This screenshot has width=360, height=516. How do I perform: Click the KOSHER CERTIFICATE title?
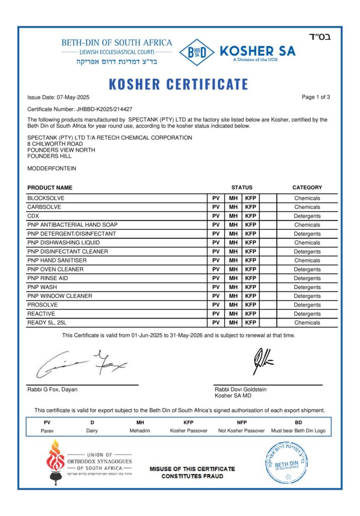tap(178, 84)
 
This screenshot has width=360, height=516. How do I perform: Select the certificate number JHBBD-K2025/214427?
tap(104, 109)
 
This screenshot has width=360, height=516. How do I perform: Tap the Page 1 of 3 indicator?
tap(316, 97)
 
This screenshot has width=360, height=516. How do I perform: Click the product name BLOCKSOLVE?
tap(46, 198)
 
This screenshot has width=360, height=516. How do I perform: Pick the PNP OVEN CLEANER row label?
tap(55, 269)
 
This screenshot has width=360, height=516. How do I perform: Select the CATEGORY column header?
tap(307, 187)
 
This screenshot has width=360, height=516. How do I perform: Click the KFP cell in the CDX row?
tap(251, 216)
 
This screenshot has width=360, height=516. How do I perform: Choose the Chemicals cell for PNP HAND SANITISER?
tap(307, 261)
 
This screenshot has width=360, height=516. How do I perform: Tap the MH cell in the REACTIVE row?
tap(233, 313)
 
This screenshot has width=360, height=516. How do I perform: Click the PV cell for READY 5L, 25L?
tap(216, 322)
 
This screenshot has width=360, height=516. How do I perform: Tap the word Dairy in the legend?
tap(92, 431)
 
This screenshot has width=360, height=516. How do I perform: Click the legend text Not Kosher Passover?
tap(242, 431)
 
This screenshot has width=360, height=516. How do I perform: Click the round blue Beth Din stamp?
tap(286, 461)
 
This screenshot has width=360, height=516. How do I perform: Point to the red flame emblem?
tap(54, 459)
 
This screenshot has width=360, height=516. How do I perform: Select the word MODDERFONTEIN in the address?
tap(52, 168)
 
